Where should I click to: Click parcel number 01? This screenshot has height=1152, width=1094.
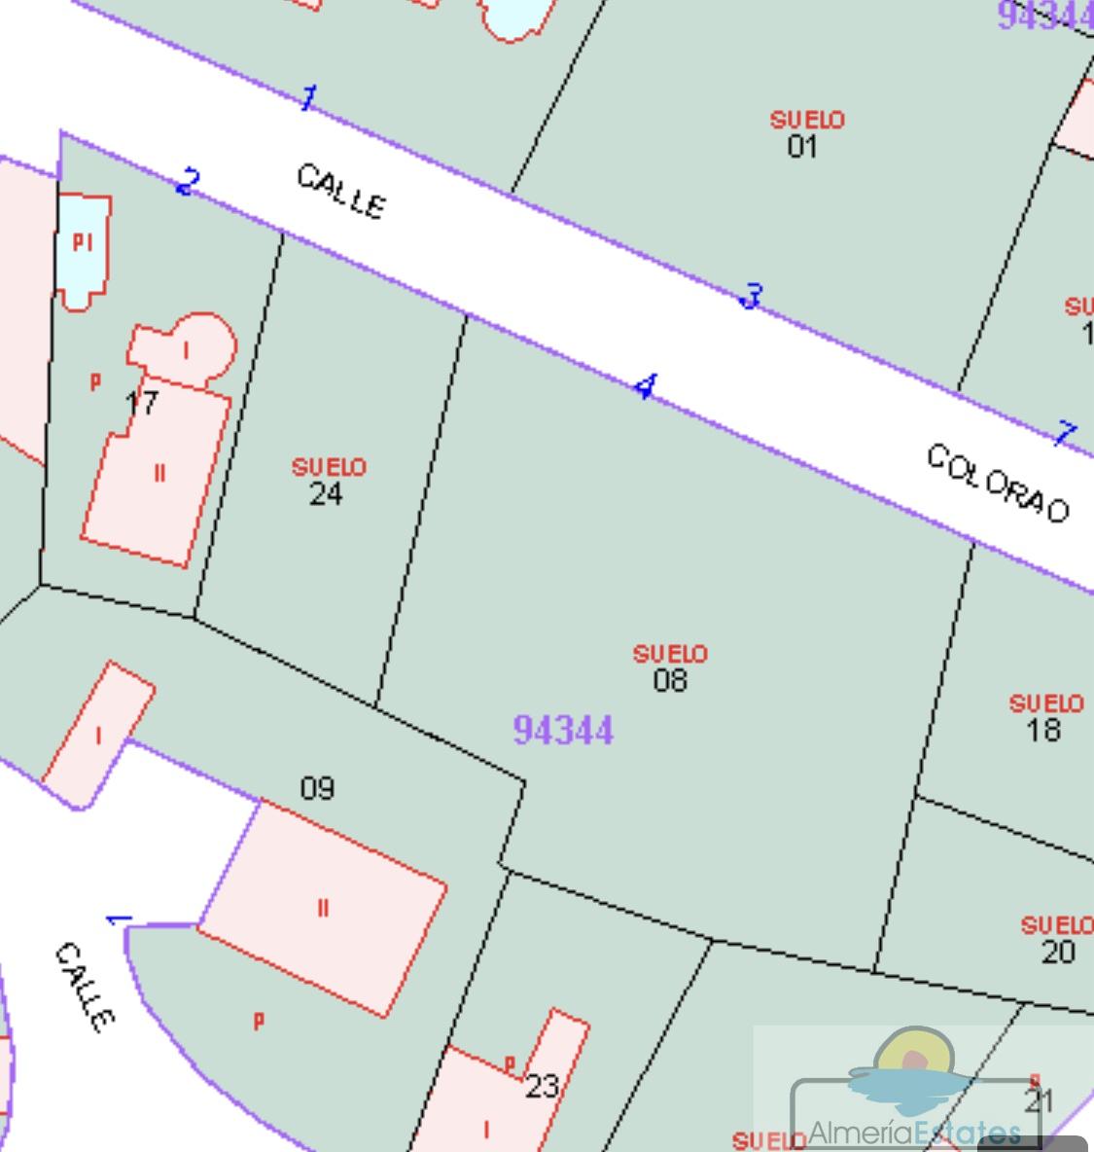click(x=802, y=147)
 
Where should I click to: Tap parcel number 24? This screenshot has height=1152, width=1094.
click(x=326, y=494)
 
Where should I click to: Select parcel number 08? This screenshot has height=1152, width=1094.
click(x=670, y=680)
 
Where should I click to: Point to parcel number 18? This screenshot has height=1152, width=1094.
click(x=1043, y=730)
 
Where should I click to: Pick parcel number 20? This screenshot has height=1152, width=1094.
click(x=1058, y=952)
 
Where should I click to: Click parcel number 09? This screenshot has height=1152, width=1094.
click(x=317, y=787)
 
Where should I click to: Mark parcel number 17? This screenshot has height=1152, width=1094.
click(x=142, y=402)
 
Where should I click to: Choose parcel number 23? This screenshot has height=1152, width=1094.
click(x=542, y=1086)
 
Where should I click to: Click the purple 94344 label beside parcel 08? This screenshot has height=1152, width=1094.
click(x=563, y=730)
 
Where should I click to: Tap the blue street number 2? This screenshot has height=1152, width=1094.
click(x=189, y=181)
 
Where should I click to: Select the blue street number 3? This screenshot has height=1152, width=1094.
click(x=752, y=296)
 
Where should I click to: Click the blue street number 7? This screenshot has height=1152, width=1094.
click(x=1066, y=433)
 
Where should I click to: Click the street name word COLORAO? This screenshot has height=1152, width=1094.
click(x=998, y=484)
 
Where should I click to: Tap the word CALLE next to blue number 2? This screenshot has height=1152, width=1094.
click(x=340, y=191)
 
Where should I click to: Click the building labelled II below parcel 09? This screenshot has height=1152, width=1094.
click(x=323, y=909)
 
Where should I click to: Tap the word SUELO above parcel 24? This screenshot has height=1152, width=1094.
click(x=330, y=468)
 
